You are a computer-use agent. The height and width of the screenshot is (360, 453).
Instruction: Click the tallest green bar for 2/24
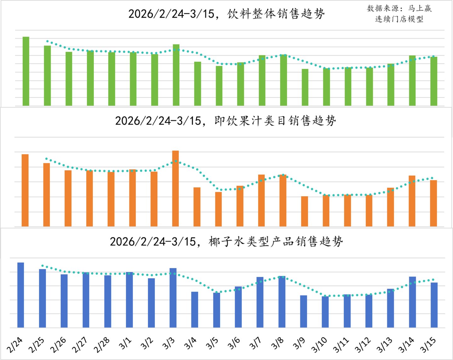[26, 71]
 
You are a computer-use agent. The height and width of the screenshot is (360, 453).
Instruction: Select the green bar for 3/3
[176, 75]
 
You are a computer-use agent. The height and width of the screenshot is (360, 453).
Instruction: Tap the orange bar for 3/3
[175, 188]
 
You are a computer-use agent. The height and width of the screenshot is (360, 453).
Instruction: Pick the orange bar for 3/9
[304, 211]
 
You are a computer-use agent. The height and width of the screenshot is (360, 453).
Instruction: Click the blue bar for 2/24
[20, 295]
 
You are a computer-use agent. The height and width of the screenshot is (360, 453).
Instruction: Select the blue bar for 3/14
[412, 302]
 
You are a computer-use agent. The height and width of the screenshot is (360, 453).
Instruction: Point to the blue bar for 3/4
[195, 310]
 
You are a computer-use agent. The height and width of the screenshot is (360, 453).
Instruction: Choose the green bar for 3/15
[434, 81]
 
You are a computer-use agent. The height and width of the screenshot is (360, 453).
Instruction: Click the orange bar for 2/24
[25, 190]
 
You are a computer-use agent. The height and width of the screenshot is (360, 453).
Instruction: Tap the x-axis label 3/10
[319, 345]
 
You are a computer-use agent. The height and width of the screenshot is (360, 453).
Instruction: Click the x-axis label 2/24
[14, 345]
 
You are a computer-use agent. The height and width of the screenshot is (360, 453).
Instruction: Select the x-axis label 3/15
[428, 345]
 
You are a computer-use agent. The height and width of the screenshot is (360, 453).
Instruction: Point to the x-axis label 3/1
[125, 344]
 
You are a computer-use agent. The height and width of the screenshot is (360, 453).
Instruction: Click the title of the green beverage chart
[226, 14]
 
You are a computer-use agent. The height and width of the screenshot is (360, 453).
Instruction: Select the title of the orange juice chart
[225, 121]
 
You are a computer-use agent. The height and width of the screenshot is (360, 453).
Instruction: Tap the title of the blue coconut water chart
[226, 242]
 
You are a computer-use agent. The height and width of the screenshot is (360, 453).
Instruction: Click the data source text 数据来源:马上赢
[399, 9]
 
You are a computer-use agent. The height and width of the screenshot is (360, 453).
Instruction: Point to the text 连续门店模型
[399, 19]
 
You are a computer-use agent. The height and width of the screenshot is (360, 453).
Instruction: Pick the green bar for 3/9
[305, 87]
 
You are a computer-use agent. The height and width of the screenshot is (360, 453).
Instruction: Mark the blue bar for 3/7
[260, 302]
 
